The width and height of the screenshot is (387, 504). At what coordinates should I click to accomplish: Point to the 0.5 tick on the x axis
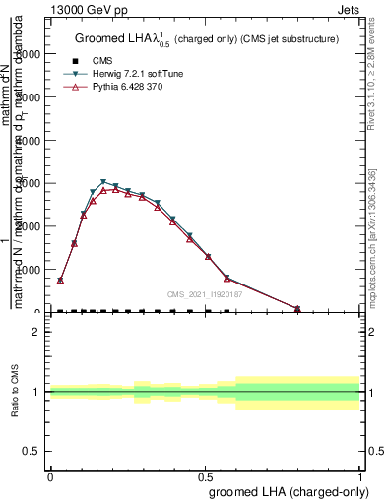click(x=206, y=475)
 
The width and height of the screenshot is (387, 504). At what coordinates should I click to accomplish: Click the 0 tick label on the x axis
click(x=50, y=475)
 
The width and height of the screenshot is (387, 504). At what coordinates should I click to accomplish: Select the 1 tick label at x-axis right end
click(x=361, y=475)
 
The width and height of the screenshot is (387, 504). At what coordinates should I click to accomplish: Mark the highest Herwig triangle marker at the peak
click(x=103, y=182)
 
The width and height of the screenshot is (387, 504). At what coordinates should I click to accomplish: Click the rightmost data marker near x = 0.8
click(x=298, y=309)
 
